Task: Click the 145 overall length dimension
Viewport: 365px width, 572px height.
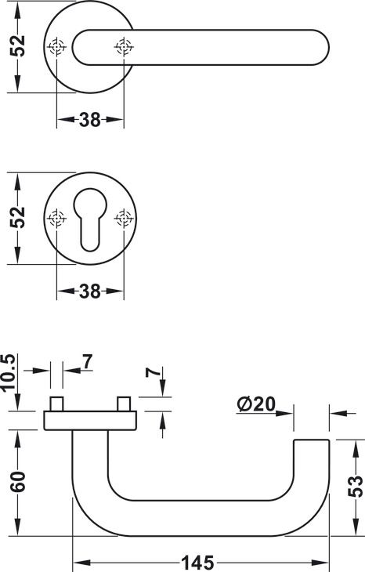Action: click(197, 563)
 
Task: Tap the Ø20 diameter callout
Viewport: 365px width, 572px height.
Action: click(256, 404)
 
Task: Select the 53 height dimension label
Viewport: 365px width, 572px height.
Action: click(355, 487)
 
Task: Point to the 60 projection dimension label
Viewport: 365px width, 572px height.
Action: click(18, 482)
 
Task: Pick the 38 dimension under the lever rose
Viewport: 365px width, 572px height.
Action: click(90, 119)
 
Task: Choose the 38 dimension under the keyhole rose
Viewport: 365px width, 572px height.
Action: click(90, 291)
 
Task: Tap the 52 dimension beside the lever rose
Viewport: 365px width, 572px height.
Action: click(17, 45)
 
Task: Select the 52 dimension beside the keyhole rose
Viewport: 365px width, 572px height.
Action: click(17, 217)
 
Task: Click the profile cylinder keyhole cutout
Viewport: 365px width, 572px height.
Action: click(90, 219)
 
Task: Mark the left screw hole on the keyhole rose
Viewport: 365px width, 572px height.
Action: click(57, 219)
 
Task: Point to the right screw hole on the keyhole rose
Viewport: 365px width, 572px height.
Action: click(124, 219)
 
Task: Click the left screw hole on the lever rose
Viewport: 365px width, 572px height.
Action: click(57, 47)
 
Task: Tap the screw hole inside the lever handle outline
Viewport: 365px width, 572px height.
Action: click(124, 47)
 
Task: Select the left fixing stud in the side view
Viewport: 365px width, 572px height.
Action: click(56, 404)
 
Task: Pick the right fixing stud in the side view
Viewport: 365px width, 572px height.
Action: click(124, 404)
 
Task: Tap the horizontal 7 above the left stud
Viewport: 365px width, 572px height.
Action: click(88, 362)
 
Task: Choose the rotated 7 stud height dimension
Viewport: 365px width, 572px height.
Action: click(154, 372)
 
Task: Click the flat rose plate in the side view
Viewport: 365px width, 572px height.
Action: click(90, 421)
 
